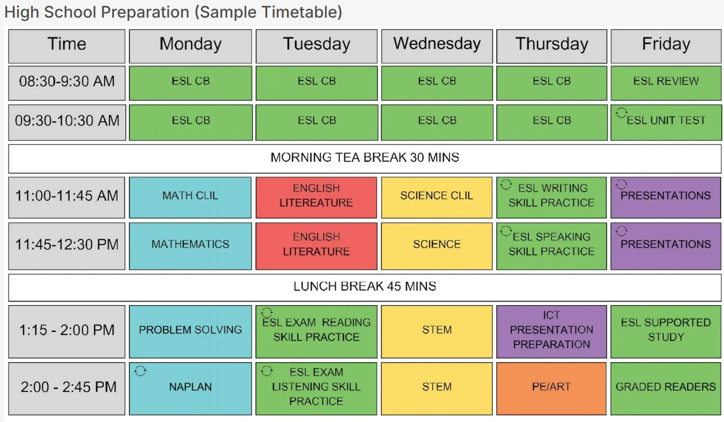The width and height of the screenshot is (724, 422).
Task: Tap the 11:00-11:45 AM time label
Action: pyautogui.click(x=67, y=196)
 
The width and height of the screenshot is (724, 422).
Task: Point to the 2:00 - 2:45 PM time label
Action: pyautogui.click(x=67, y=387)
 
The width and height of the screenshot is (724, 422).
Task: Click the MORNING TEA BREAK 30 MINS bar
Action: pyautogui.click(x=364, y=158)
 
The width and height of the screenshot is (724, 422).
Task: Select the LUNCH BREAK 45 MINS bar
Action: pyautogui.click(x=364, y=286)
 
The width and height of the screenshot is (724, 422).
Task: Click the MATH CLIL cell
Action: pyautogui.click(x=190, y=196)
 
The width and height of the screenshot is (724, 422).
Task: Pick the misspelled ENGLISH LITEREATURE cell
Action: pyautogui.click(x=316, y=196)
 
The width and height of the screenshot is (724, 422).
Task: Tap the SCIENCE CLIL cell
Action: pyautogui.click(x=437, y=196)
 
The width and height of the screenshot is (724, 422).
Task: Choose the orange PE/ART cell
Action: pyautogui.click(x=551, y=387)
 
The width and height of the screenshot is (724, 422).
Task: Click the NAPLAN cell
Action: pyautogui.click(x=190, y=387)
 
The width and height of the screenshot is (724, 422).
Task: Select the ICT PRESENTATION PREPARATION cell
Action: pyautogui.click(x=551, y=330)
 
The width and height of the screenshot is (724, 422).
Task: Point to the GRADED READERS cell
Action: pyautogui.click(x=666, y=387)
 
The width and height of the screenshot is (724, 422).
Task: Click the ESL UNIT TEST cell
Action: pyautogui.click(x=666, y=121)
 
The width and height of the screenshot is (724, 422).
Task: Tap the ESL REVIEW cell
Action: pyautogui.click(x=666, y=82)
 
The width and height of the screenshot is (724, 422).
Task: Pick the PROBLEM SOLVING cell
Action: pyautogui.click(x=190, y=330)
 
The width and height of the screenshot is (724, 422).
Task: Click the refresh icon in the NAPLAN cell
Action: pyautogui.click(x=140, y=371)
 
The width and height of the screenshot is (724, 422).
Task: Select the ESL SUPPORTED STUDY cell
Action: pyautogui.click(x=666, y=330)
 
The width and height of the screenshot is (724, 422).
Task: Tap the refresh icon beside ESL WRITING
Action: pyautogui.click(x=505, y=185)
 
